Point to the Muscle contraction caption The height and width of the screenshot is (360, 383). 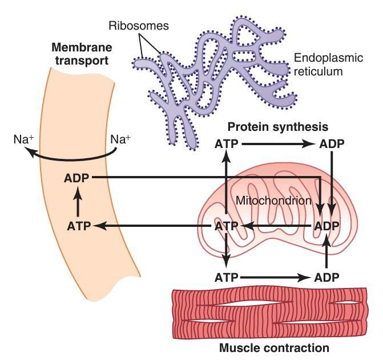[x=274, y=347]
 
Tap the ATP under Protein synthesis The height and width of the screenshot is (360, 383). [x=227, y=144]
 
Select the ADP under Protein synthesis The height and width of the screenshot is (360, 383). [x=332, y=144]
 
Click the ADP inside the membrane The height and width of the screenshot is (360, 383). [x=77, y=178]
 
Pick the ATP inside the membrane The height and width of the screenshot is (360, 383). [x=79, y=226]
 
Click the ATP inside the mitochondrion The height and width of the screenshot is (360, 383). [x=227, y=226]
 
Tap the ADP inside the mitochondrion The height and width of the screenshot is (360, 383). [x=327, y=226]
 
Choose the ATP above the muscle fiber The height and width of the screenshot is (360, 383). [x=227, y=278]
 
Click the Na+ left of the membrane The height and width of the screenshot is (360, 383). [x=24, y=139]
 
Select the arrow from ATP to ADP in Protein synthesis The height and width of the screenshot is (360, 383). [x=279, y=145]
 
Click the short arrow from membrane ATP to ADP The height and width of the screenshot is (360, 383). [x=79, y=202]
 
